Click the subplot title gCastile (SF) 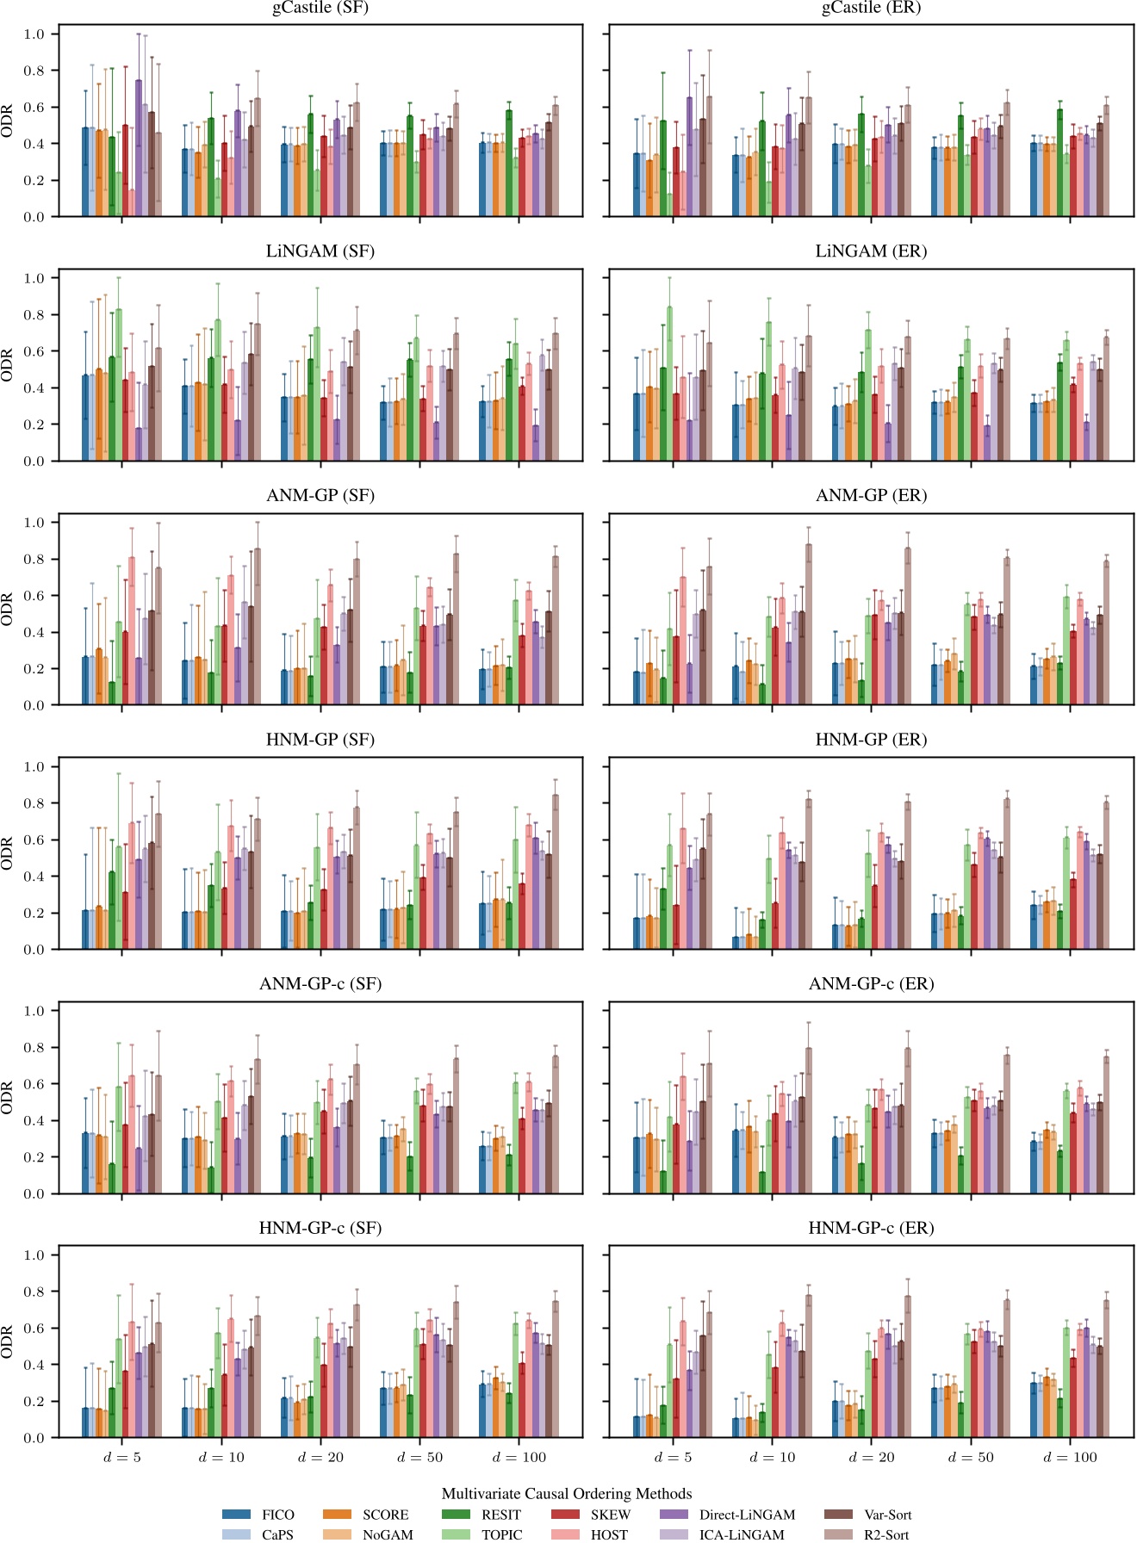(320, 8)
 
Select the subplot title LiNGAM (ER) (871, 251)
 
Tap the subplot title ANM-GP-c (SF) (320, 984)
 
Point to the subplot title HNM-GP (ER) (871, 740)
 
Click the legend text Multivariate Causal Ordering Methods (567, 1494)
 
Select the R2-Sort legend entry (885, 1534)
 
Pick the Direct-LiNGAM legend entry (747, 1515)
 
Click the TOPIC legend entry (501, 1534)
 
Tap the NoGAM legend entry (388, 1534)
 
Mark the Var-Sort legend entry (887, 1515)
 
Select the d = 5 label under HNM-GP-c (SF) (121, 1458)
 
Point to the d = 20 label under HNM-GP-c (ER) (872, 1458)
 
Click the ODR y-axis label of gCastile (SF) (8, 121)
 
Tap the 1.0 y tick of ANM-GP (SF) (34, 523)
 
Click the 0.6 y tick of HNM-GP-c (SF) (34, 1329)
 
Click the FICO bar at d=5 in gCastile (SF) (85, 172)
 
